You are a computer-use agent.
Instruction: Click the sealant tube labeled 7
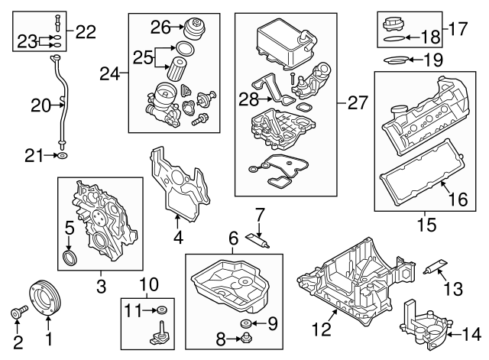point(257,239)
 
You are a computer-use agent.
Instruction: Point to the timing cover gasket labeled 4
point(180,184)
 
